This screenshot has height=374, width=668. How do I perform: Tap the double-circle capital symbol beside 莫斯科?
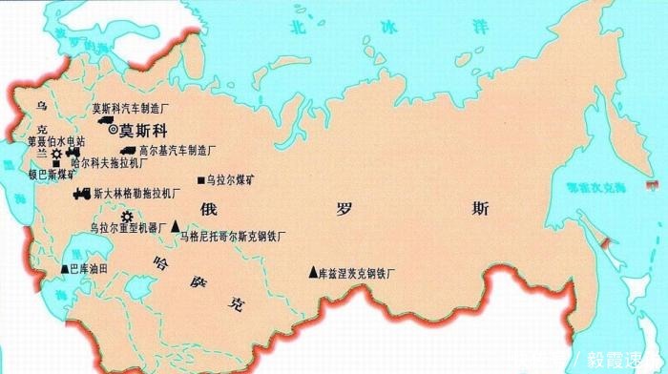pyautogui.click(x=114, y=128)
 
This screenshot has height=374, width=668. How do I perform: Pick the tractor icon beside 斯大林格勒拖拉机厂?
pyautogui.click(x=81, y=194)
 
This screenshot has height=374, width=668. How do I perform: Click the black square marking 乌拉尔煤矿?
pyautogui.click(x=200, y=179)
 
